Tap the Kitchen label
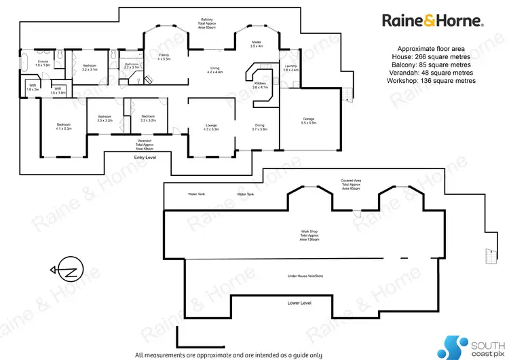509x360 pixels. [261, 86]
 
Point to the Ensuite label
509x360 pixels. [42, 65]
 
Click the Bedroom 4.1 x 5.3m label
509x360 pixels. [64, 126]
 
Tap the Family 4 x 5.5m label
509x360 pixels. [164, 57]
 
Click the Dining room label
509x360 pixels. [259, 127]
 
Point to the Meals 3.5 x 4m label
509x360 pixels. [256, 44]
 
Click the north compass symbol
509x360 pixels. [68, 272]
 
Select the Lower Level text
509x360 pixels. [299, 302]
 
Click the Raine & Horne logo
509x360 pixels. [432, 21]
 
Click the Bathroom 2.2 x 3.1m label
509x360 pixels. [131, 66]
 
